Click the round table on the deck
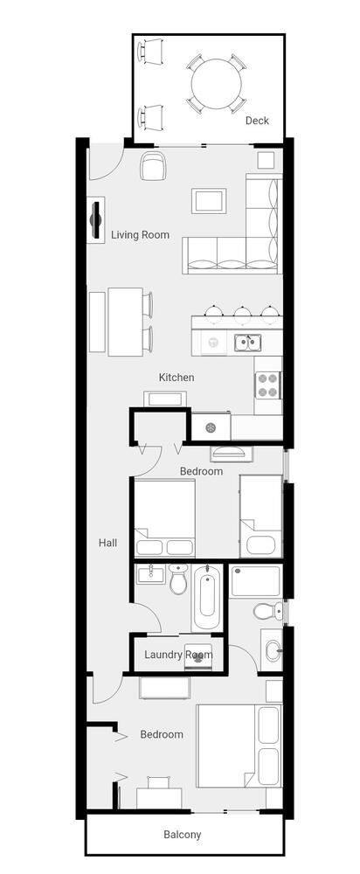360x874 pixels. pos(216,84)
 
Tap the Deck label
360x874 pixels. pos(257,121)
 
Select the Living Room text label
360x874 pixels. pos(140,234)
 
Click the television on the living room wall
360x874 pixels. pos(96,219)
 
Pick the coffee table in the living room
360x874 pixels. pos(209,201)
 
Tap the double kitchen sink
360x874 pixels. pos(248,343)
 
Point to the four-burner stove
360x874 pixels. pos(267,385)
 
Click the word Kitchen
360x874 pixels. pos(177,378)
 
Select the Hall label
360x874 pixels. pos(107,542)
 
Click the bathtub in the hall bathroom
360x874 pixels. pos(207,597)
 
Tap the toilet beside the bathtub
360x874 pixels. pos(179,579)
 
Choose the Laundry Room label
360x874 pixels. pos(178,655)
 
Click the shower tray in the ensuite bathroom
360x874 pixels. pos(255,581)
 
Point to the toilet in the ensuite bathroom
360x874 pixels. pos(267,612)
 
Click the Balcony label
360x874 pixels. pos(183,835)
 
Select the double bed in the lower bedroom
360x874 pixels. pos(239,746)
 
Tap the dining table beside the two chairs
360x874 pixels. pos(125,322)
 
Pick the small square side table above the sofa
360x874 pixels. pos(266,160)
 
